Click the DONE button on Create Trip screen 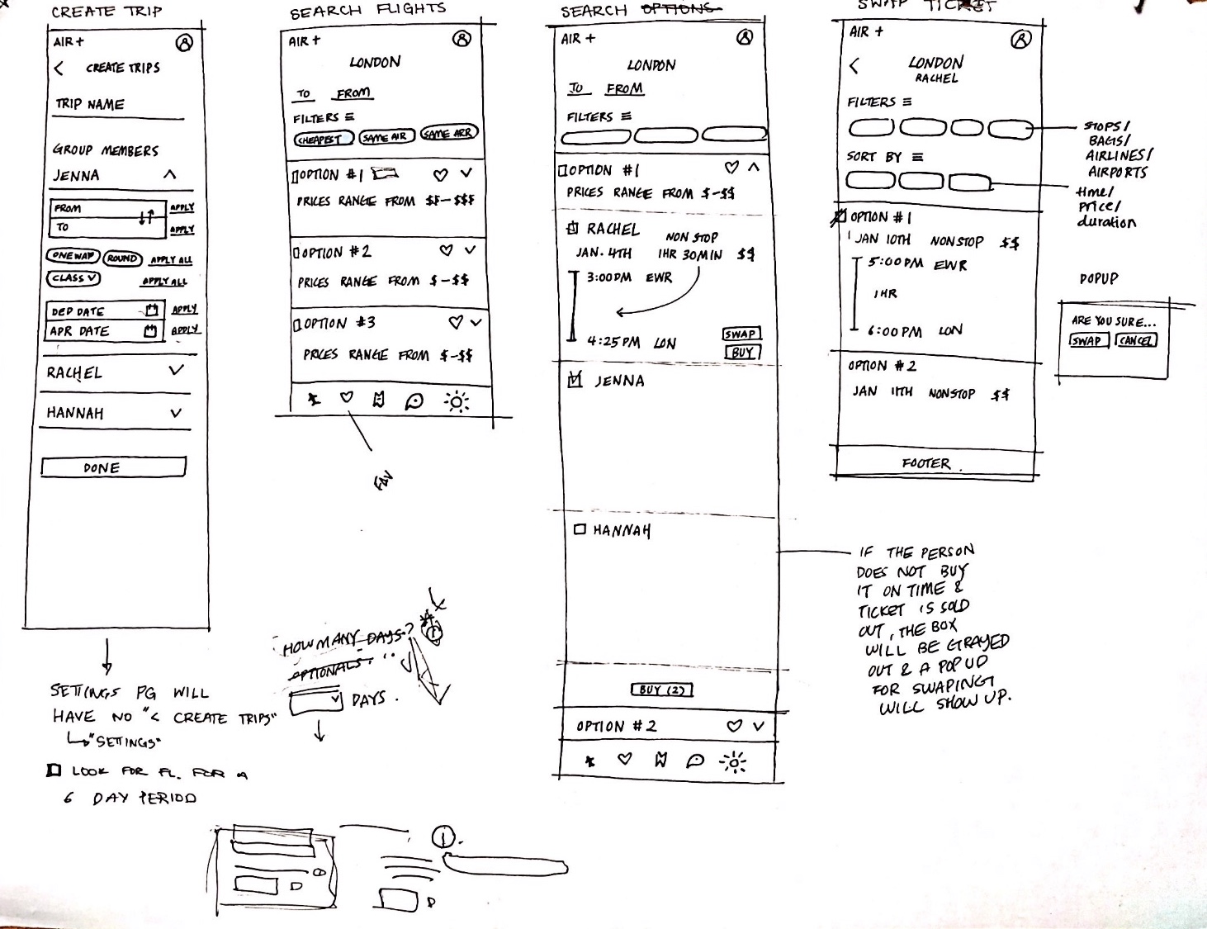tap(113, 467)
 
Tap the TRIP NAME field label tap(90, 105)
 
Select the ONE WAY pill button tap(73, 256)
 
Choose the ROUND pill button tap(122, 258)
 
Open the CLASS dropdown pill tap(74, 278)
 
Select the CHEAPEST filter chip tap(324, 139)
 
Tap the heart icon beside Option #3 tap(456, 322)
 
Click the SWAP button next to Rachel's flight tap(741, 334)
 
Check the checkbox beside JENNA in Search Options tap(575, 380)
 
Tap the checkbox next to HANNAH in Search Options tap(580, 529)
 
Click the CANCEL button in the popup tap(1136, 340)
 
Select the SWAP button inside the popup tap(1086, 340)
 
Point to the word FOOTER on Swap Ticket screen tap(925, 463)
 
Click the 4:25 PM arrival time tap(613, 341)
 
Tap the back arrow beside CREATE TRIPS tap(59, 69)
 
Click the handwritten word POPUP tap(1099, 279)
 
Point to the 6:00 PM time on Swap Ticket tap(894, 331)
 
